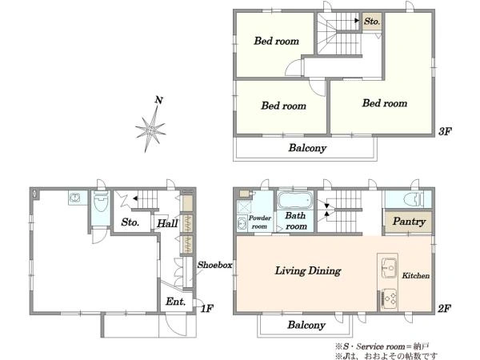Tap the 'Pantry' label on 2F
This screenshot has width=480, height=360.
pos(409,221)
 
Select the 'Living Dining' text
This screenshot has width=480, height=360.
pos(308,271)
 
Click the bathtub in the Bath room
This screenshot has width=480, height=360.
pos(294,200)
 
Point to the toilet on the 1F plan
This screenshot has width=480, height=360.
pos(101,202)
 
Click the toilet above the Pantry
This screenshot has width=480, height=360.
pos(412,199)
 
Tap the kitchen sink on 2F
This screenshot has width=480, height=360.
pos(389,268)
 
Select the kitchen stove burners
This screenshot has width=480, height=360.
pos(390,298)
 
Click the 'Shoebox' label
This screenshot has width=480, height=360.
pos(214,265)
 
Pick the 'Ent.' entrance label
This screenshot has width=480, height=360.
pos(176,302)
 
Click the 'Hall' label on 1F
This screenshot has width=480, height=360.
pos(167,223)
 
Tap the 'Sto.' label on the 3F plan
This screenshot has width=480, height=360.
pos(372,22)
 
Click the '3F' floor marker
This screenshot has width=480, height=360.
pos(445,132)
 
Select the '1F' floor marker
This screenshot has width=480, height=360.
pos(207,308)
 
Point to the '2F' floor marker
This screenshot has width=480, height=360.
pos(444,308)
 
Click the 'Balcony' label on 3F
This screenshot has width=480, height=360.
pos(307,148)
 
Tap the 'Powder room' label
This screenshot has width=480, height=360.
pos(259,222)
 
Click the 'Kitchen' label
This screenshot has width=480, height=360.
pos(416,275)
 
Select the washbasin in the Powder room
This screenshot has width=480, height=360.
pos(242,223)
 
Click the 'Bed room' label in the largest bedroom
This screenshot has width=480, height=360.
pos(385,103)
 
